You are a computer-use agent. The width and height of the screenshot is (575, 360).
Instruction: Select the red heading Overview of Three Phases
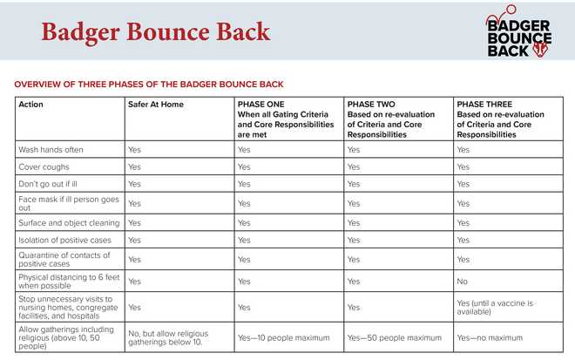click(149, 84)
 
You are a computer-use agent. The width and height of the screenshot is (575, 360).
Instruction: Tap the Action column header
click(31, 105)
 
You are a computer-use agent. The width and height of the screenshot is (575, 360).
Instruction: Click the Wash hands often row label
click(51, 149)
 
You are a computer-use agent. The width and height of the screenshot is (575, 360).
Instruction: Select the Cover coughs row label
click(44, 166)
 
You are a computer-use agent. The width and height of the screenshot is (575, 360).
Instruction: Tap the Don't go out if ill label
click(51, 184)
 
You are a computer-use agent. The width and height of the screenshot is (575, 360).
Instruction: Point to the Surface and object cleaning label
click(69, 222)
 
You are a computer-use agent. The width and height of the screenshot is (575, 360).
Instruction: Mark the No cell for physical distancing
click(462, 282)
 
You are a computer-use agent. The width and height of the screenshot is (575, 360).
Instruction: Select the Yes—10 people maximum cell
click(284, 337)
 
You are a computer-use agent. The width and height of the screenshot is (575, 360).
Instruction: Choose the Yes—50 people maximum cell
click(395, 337)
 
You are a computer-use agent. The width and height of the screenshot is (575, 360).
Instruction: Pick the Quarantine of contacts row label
click(64, 259)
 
